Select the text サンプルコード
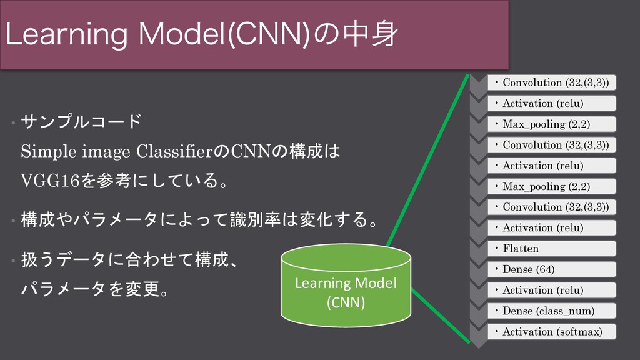pyautogui.click(x=80, y=119)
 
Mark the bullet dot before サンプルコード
pyautogui.click(x=12, y=121)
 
